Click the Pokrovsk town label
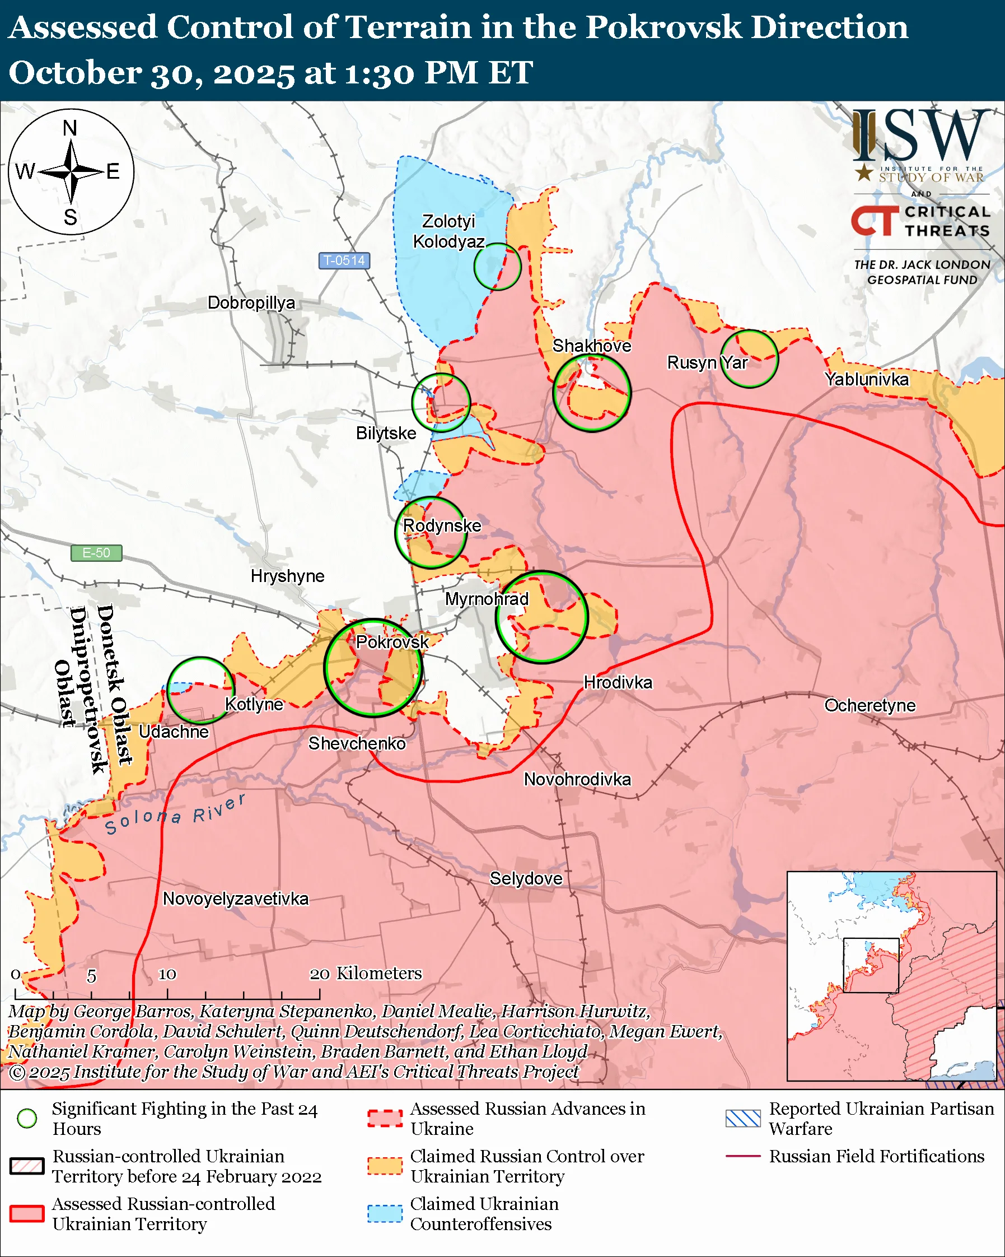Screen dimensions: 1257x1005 pos(392,642)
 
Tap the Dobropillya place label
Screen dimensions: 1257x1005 pos(251,302)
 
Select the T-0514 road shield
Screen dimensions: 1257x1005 pos(344,260)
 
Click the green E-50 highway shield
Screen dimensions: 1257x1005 pos(96,552)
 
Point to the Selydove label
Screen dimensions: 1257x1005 pos(526,878)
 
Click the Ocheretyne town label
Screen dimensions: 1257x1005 pos(870,705)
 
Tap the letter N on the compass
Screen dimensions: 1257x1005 pos(70,128)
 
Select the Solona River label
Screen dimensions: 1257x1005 pos(175,814)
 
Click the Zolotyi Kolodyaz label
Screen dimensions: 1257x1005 pos(448,231)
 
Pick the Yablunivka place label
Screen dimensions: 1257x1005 pos(866,379)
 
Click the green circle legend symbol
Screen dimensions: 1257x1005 pos(27,1118)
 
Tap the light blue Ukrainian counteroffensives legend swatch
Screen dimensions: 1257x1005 pos(385,1213)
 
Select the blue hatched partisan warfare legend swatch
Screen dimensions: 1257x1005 pos(743,1118)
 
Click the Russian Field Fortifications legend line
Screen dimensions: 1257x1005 pos(743,1156)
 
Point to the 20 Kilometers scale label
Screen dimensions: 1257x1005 pos(365,973)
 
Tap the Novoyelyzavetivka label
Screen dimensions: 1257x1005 pos(235,898)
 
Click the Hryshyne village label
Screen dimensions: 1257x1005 pos(287,576)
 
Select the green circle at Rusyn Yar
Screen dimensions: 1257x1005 pos(749,359)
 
